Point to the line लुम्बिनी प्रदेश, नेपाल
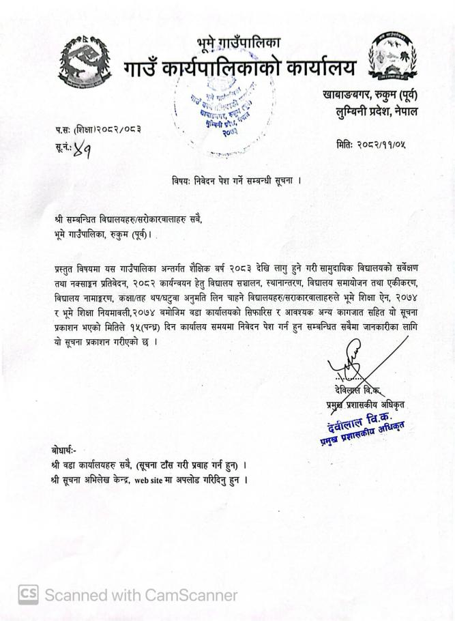pos(375,111)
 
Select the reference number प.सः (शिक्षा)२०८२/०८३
pos(98,128)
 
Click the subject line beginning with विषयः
pos(236,181)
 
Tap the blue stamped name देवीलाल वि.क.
pos(366,417)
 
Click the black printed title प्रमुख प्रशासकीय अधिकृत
pos(365,405)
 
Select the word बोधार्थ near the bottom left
pos(64,450)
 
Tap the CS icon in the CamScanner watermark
pos(28,594)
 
